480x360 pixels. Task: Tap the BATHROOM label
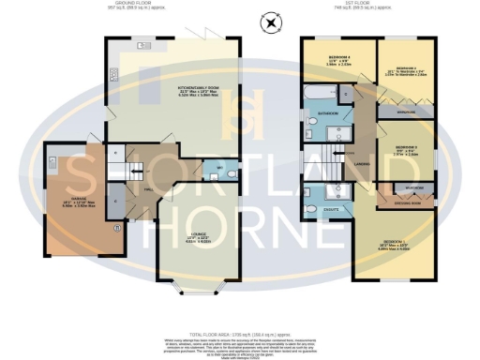pos(326,113)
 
